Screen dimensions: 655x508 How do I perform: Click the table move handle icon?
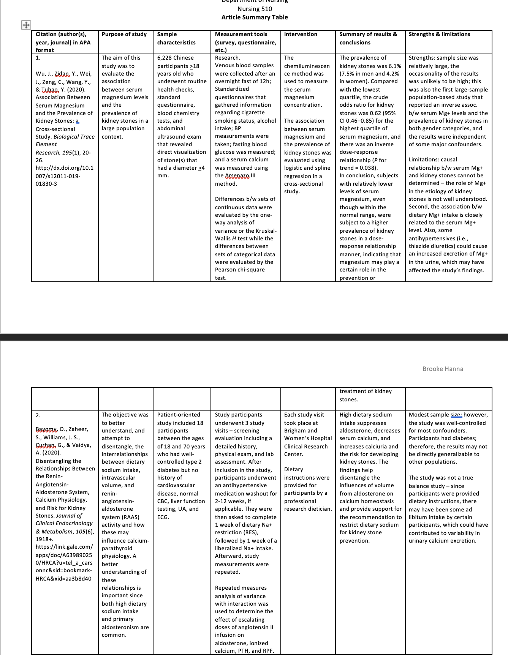click(25, 25)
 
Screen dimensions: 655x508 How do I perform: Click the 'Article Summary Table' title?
click(255, 17)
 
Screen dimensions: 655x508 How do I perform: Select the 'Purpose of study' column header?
click(124, 34)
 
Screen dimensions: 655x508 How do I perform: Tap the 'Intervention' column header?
click(301, 34)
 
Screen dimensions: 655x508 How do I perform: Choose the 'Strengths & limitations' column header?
click(439, 34)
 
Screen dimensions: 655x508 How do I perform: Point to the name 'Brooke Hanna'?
click(443, 369)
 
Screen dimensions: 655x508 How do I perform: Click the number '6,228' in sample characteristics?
click(165, 58)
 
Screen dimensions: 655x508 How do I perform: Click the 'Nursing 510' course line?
click(255, 9)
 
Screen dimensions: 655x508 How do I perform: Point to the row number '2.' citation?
click(38, 415)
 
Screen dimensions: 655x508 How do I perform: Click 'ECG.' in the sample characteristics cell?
click(163, 517)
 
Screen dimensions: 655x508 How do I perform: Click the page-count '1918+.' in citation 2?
click(44, 539)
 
